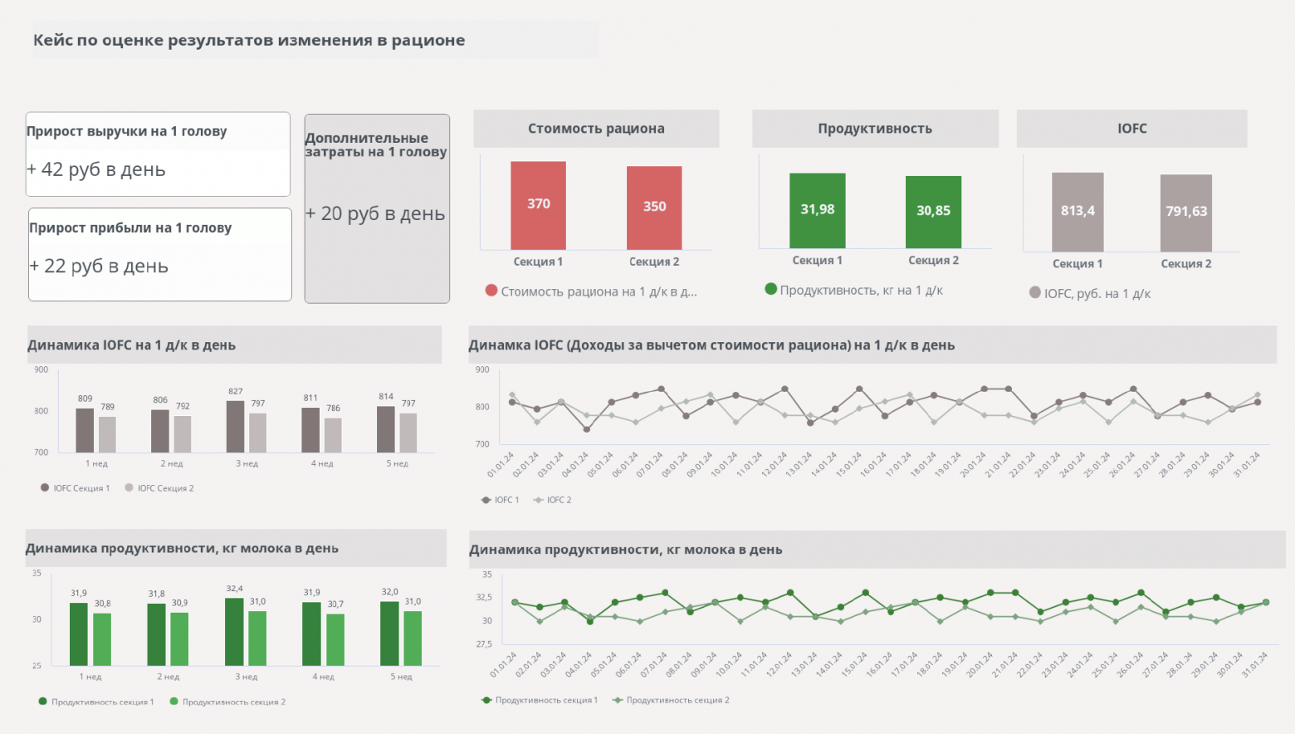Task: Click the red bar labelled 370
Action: tap(538, 205)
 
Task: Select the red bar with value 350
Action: tap(654, 208)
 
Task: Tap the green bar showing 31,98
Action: tap(817, 210)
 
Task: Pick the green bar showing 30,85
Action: tap(933, 212)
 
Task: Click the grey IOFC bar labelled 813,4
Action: tap(1078, 212)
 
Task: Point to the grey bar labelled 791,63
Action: tap(1185, 213)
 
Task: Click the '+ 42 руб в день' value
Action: tap(96, 169)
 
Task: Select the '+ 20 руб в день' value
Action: tap(375, 213)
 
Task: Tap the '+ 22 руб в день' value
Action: tap(99, 266)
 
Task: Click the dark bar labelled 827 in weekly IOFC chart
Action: tap(236, 427)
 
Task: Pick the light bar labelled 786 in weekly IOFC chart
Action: tap(333, 435)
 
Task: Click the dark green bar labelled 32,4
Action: tap(234, 631)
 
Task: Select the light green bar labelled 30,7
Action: tap(335, 639)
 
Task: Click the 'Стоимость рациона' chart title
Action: tap(596, 129)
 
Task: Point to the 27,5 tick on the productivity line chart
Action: tap(483, 644)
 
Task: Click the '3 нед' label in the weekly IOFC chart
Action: tap(247, 464)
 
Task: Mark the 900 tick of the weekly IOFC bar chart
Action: tap(41, 369)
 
